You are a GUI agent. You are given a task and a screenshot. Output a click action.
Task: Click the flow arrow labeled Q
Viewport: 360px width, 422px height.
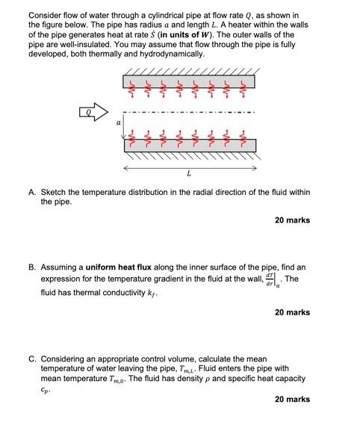(x=95, y=114)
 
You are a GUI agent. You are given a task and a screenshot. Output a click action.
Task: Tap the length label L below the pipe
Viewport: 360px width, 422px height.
(x=188, y=173)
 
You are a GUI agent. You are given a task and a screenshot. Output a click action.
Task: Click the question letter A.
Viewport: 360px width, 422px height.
(x=32, y=192)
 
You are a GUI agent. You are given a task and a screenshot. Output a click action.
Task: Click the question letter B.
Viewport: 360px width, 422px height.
(x=32, y=267)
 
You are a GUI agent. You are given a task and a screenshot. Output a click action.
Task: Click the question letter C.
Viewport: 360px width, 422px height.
(x=32, y=359)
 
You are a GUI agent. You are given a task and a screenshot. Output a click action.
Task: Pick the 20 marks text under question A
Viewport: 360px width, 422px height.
(x=292, y=220)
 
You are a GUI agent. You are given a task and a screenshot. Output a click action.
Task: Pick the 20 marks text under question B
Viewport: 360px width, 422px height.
(x=292, y=312)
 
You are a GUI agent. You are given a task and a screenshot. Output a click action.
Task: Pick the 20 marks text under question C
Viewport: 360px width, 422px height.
(x=292, y=400)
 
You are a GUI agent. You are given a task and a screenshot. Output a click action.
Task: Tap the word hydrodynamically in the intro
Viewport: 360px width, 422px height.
(x=170, y=54)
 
